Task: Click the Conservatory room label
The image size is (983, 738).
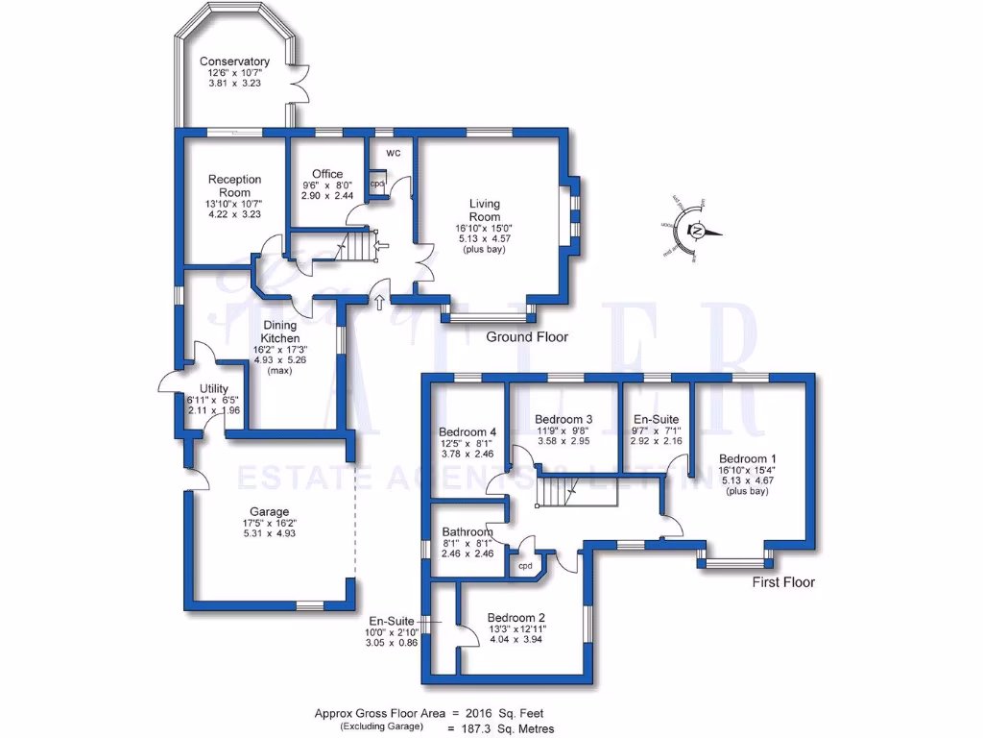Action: [235, 62]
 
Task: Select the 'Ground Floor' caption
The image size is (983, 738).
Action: [527, 337]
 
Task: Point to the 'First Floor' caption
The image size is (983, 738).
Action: [783, 582]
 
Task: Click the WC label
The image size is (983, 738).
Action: [394, 154]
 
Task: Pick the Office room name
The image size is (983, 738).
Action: [327, 174]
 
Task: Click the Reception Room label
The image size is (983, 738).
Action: [235, 186]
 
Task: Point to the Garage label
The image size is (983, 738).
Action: [269, 511]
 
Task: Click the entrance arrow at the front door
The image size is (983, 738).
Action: [380, 304]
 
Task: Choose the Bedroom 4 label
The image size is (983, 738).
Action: [468, 431]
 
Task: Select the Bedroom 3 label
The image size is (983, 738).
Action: [563, 419]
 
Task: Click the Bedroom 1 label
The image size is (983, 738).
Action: [748, 457]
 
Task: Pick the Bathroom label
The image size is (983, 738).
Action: [468, 532]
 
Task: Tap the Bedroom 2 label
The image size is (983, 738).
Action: [516, 618]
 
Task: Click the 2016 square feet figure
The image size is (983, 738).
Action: [475, 714]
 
